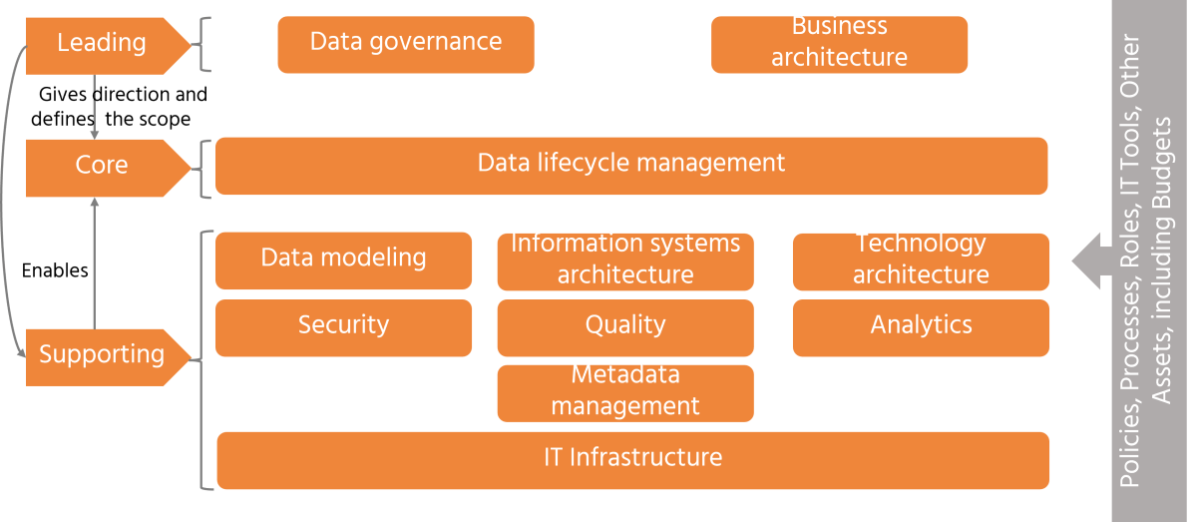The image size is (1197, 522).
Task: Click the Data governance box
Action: tap(405, 44)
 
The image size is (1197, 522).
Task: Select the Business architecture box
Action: tap(839, 44)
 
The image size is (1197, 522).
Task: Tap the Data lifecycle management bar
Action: tap(630, 165)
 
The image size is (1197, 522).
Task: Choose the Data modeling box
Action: tap(343, 260)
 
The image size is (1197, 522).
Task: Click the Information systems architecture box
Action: tap(624, 260)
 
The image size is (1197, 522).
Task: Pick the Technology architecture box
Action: tap(920, 260)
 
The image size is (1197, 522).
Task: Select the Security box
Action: tap(343, 326)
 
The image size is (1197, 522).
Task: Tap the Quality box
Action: tap(624, 326)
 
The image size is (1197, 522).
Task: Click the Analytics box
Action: tap(920, 326)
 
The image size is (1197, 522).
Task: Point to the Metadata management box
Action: tap(624, 391)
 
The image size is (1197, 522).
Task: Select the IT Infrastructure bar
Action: tap(632, 459)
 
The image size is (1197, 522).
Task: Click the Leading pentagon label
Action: tap(102, 44)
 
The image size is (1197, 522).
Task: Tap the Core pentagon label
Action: tap(102, 166)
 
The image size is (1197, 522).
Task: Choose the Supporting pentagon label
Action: tap(102, 355)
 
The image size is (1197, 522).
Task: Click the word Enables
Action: tap(55, 270)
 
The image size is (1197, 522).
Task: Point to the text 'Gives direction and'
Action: tap(123, 95)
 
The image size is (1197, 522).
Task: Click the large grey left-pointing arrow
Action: tap(1091, 261)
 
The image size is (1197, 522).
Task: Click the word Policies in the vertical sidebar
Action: tap(1129, 447)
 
